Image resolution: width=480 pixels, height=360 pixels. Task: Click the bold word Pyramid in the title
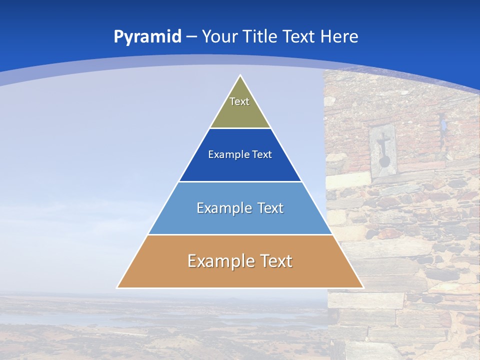click(x=147, y=37)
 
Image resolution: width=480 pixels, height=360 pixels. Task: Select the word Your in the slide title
click(x=219, y=37)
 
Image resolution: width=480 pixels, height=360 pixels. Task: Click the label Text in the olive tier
click(x=239, y=101)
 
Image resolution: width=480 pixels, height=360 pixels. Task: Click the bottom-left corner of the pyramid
click(x=117, y=287)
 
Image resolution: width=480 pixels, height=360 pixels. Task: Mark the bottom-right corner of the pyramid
click(x=363, y=287)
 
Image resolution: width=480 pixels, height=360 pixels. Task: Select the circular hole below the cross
click(x=383, y=161)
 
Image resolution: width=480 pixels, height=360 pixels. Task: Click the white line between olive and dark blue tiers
click(x=240, y=128)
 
